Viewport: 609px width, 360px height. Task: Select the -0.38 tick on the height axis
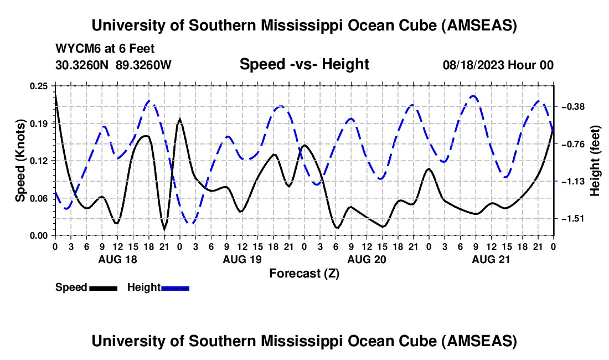[x=574, y=106]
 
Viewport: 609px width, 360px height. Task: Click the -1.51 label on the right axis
[x=574, y=219]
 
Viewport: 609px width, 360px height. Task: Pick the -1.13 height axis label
[x=574, y=181]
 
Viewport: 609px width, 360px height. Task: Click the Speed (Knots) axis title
[x=20, y=160]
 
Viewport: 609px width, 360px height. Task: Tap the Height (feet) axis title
[x=595, y=161]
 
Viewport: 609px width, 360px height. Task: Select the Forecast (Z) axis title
[x=304, y=273]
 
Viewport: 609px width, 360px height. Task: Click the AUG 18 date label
[x=117, y=259]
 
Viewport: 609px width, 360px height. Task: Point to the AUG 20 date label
[x=366, y=259]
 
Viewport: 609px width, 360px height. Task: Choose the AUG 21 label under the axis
[x=491, y=259]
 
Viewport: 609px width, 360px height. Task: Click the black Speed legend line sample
[x=103, y=287]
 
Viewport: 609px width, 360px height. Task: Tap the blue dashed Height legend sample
[x=175, y=287]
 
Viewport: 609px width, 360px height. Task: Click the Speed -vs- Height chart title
[x=304, y=65]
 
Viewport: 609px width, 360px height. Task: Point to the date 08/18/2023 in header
[x=474, y=65]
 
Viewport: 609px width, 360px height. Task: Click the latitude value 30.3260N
[x=83, y=65]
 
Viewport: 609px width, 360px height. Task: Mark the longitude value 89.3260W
[x=143, y=65]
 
